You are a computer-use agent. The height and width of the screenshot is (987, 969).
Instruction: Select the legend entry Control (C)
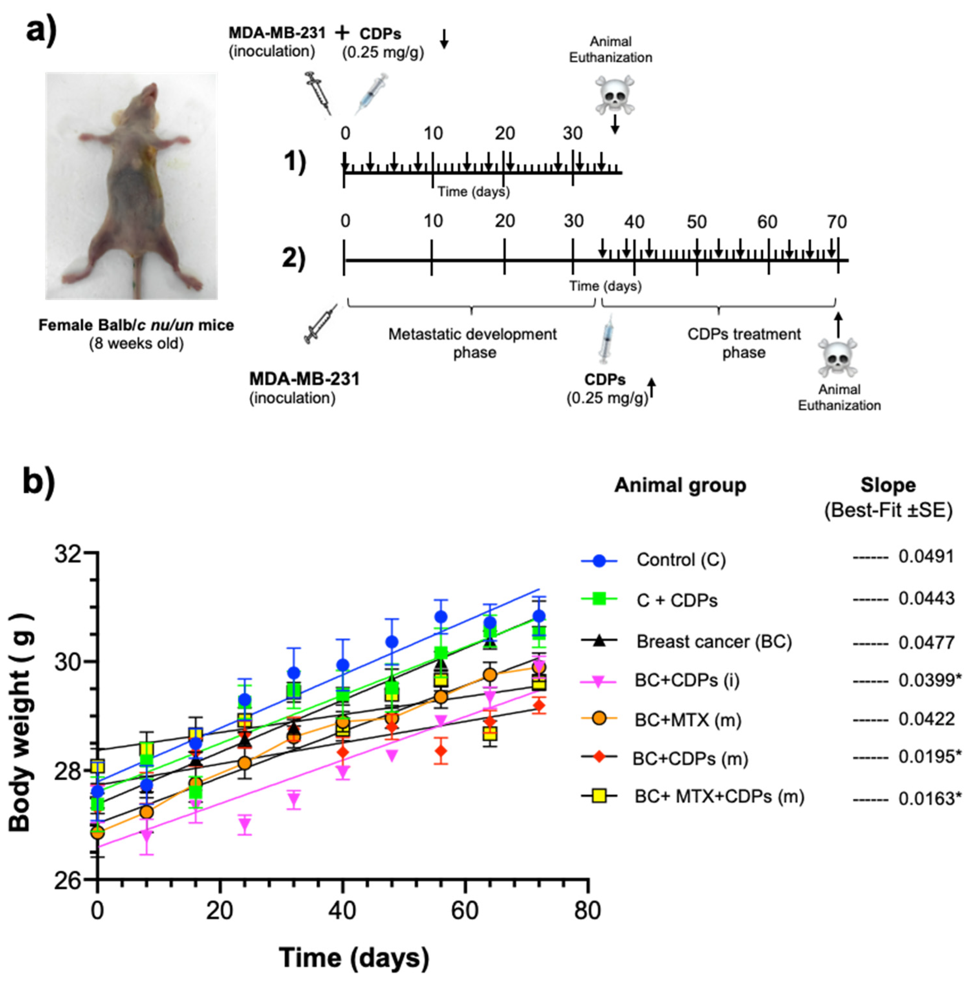click(x=681, y=560)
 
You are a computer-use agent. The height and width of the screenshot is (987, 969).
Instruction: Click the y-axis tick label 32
click(x=69, y=553)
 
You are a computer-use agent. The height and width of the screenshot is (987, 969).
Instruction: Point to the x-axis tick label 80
click(x=587, y=911)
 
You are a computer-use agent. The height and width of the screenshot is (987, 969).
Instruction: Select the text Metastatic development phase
click(x=472, y=343)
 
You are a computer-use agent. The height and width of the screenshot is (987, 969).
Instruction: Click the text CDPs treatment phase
click(x=744, y=343)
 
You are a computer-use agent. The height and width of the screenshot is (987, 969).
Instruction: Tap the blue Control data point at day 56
click(x=441, y=617)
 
